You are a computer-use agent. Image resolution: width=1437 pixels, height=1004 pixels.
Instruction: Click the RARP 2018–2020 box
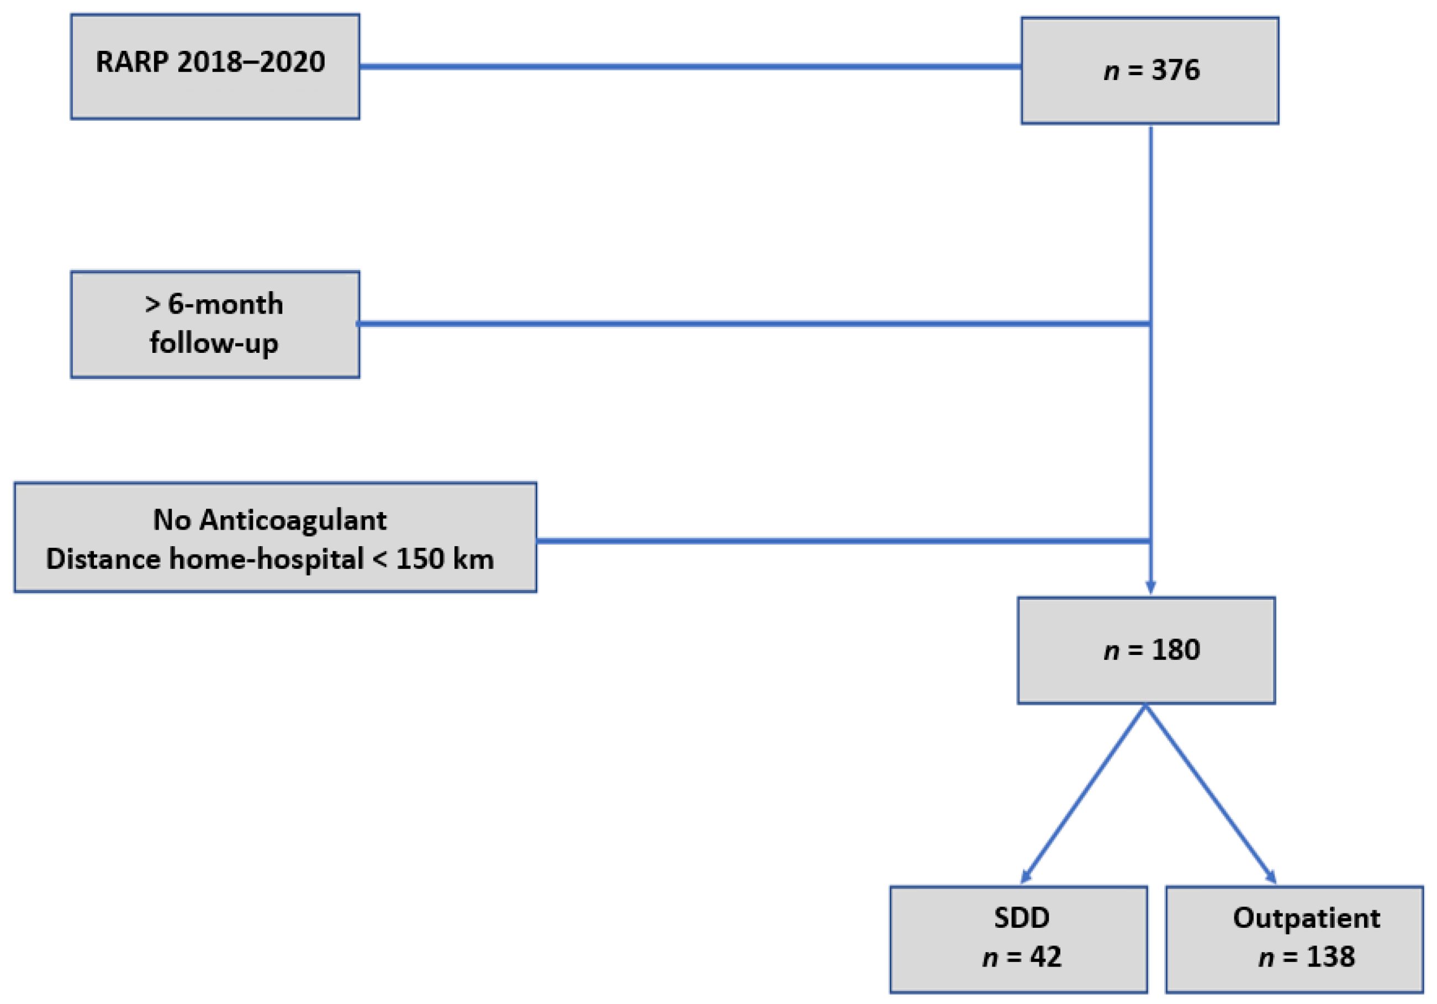point(215,67)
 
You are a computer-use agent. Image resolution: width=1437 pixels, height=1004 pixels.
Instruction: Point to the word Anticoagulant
point(292,520)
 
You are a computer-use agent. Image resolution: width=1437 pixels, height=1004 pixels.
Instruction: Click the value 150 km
point(445,559)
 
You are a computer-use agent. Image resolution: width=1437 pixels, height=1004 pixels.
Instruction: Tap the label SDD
point(1022,918)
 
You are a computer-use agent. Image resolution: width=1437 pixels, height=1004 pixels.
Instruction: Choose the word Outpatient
point(1306,918)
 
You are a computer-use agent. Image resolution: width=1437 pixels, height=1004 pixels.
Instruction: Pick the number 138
point(1330,957)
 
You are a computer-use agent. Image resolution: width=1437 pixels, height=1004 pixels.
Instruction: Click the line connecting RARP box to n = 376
point(689,66)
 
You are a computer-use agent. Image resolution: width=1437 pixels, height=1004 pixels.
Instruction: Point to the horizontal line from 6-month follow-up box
point(751,324)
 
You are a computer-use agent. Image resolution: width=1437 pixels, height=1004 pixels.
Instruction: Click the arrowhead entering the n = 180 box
point(1150,587)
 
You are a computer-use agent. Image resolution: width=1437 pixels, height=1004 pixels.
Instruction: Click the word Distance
point(103,559)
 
